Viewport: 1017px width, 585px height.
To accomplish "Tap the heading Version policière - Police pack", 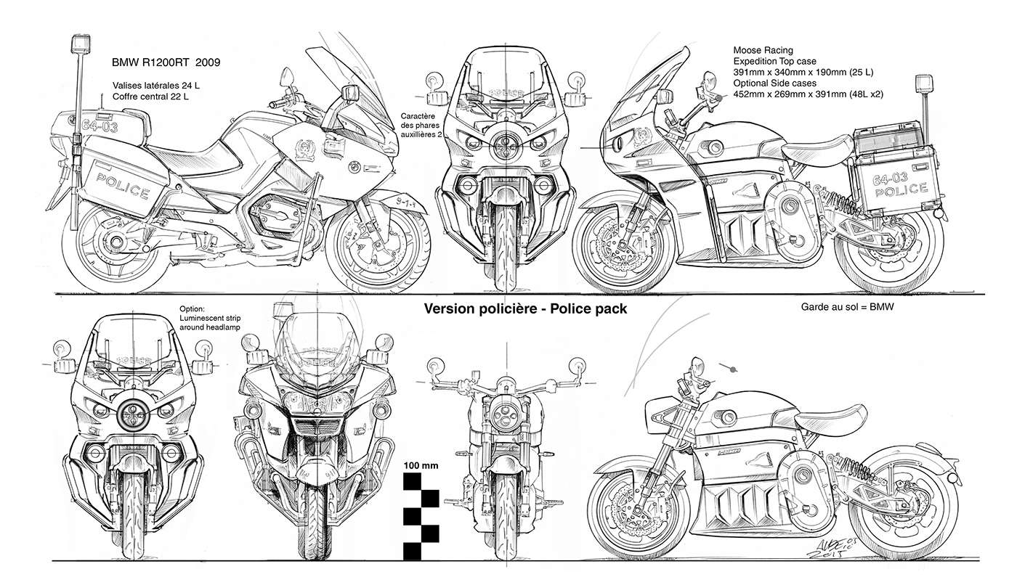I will tap(525, 308).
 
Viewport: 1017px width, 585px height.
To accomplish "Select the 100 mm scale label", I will tap(421, 465).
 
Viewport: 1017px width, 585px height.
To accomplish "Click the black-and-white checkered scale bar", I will tap(421, 516).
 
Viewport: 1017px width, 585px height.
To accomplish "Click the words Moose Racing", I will tap(765, 51).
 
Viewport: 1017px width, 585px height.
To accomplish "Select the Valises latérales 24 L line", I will tap(155, 86).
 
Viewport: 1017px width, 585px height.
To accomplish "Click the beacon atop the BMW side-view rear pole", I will tap(78, 46).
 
